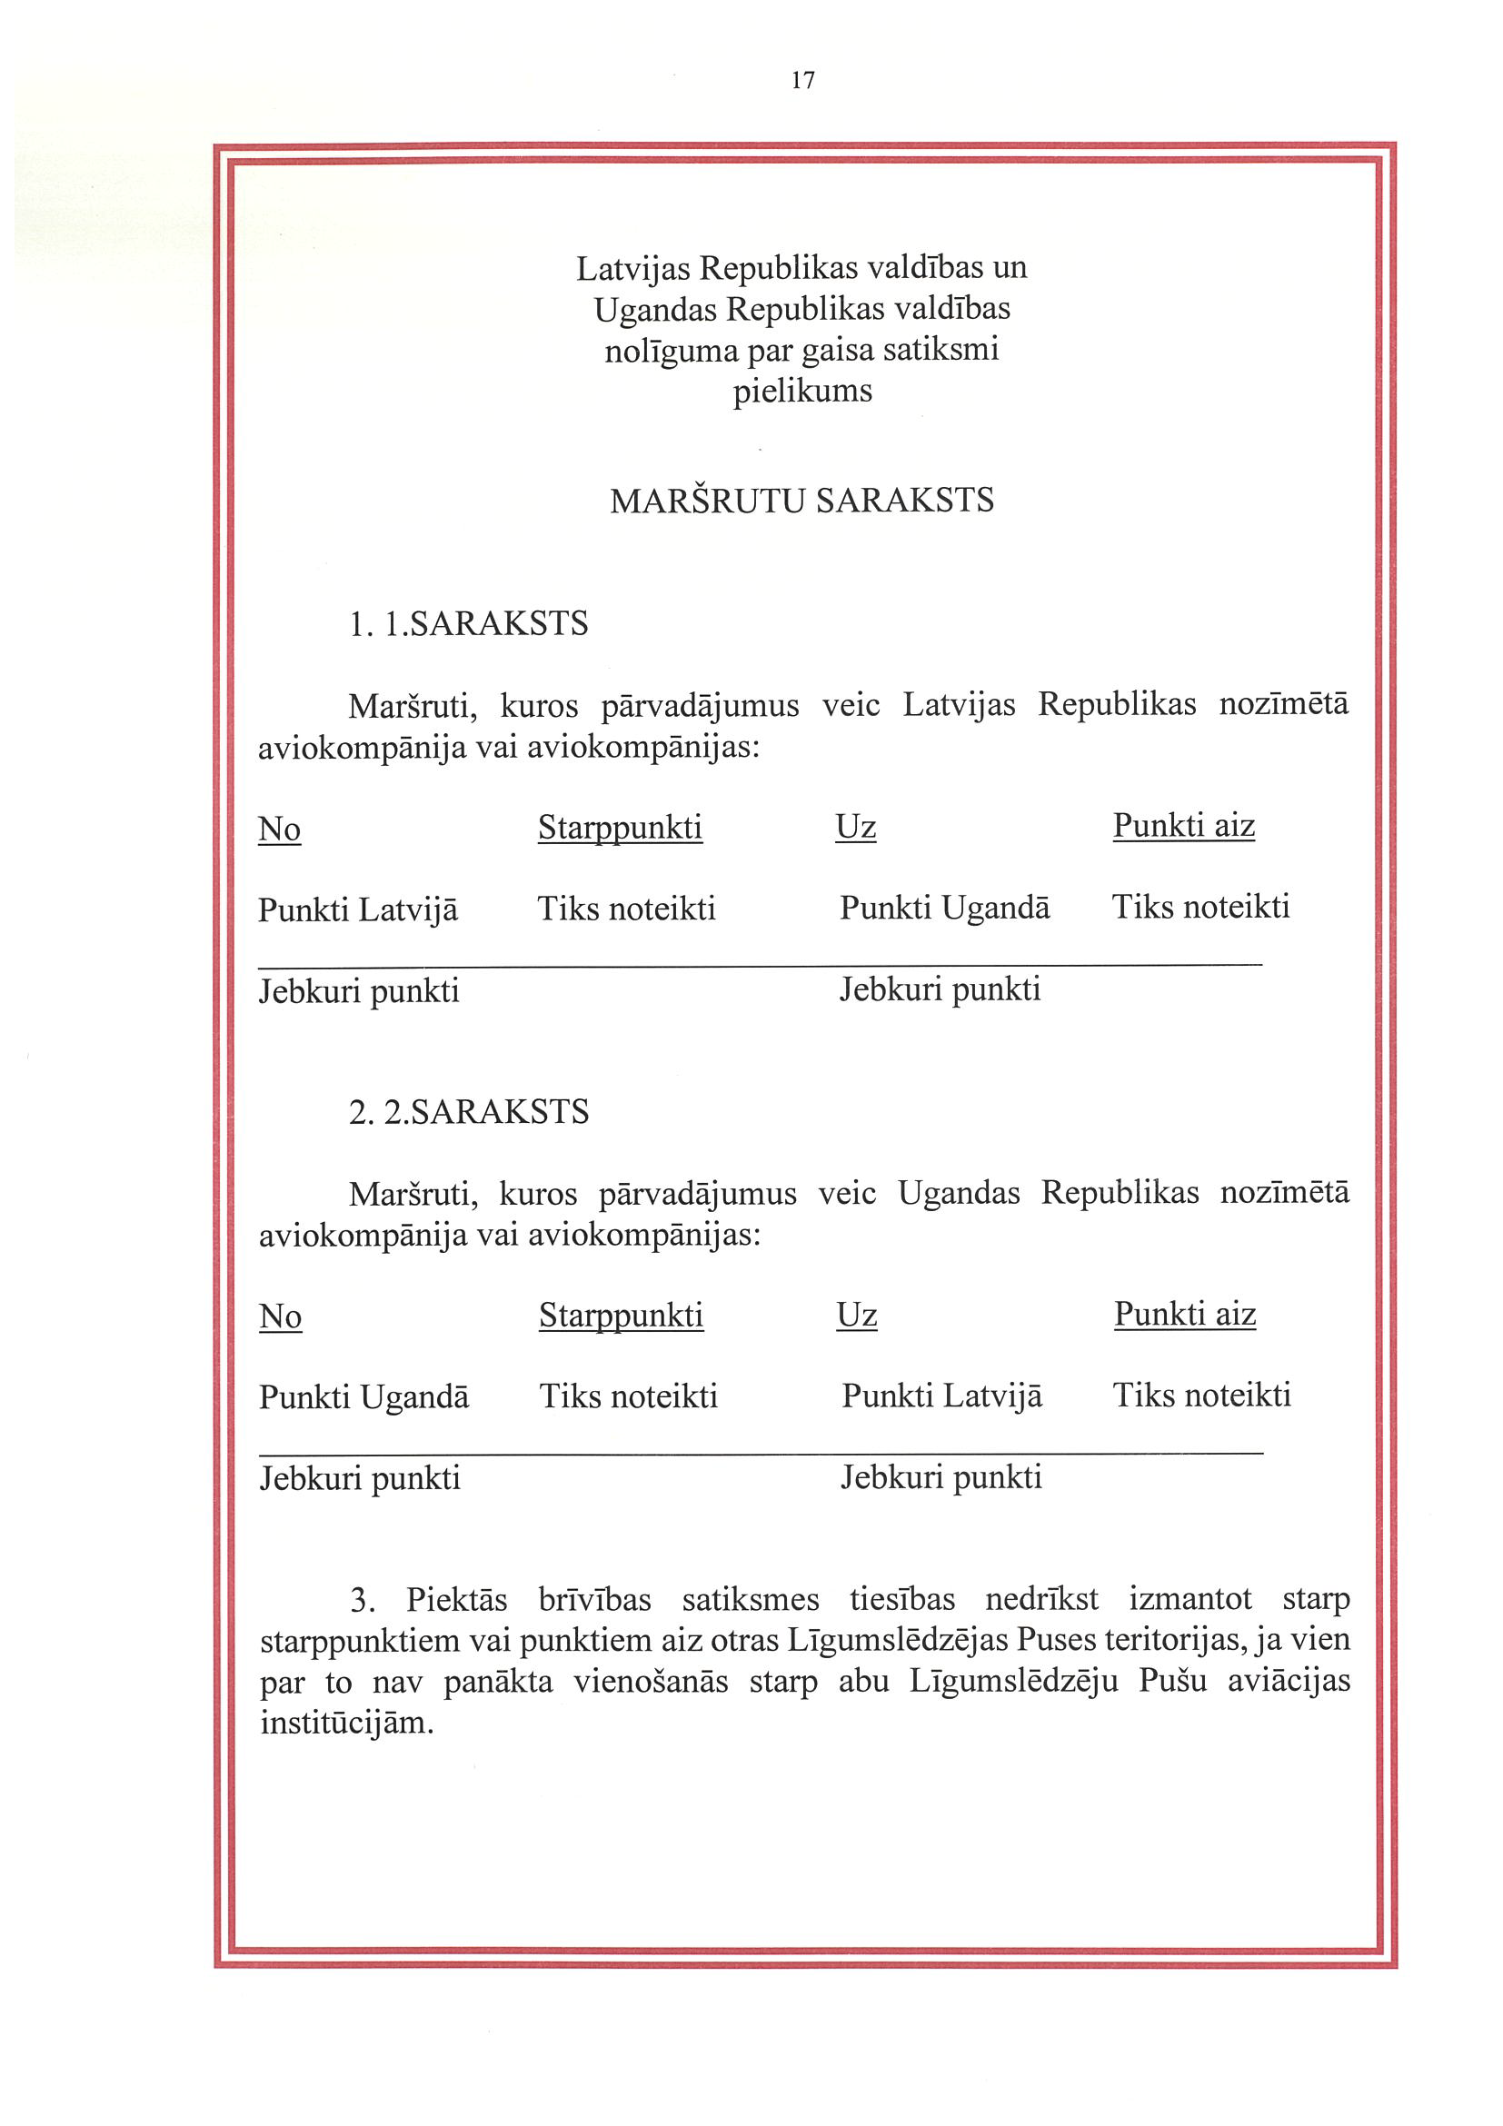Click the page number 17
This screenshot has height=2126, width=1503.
tap(803, 81)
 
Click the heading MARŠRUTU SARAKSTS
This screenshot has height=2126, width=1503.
tap(802, 501)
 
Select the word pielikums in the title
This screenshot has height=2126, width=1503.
tap(802, 391)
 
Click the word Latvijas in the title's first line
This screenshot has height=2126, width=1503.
tap(633, 268)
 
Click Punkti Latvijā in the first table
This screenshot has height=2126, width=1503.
tap(357, 909)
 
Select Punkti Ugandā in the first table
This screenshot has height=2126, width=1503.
tap(944, 908)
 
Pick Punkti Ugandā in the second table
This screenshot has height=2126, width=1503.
tap(364, 1396)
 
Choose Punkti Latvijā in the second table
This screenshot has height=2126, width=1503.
tap(941, 1396)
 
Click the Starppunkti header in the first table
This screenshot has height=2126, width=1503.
tap(621, 827)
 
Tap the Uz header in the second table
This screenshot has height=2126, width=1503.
tap(857, 1315)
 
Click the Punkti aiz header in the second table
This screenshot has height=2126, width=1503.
tap(1184, 1314)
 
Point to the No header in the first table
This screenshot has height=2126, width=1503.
tap(280, 829)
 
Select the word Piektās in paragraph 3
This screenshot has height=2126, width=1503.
tap(456, 1599)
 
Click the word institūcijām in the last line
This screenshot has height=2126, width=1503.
tap(346, 1724)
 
